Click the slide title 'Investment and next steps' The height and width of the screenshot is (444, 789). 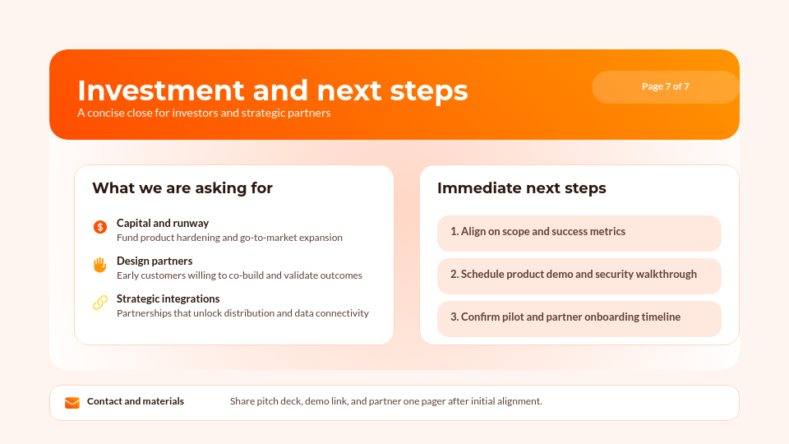[x=272, y=90]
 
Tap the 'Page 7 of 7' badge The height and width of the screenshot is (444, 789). [x=665, y=86]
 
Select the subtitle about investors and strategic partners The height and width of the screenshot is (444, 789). [x=204, y=113]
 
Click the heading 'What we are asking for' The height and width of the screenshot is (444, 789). [x=182, y=188]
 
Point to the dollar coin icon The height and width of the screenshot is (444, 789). [x=100, y=227]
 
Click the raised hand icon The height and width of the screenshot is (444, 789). [x=100, y=265]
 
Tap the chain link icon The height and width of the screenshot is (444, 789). [x=100, y=303]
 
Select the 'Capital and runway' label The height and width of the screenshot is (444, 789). [x=163, y=223]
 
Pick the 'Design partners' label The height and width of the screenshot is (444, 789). [x=155, y=261]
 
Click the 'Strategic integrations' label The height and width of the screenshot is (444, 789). [x=168, y=298]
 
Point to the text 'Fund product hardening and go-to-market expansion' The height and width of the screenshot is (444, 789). [x=229, y=238]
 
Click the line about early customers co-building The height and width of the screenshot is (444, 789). [x=239, y=275]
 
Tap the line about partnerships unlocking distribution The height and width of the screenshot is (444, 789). [x=242, y=313]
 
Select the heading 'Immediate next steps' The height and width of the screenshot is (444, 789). [x=522, y=188]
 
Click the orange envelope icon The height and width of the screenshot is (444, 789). [x=72, y=402]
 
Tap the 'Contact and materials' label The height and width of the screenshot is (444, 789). [x=136, y=401]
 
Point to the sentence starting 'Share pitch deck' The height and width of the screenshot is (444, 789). [x=386, y=401]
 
